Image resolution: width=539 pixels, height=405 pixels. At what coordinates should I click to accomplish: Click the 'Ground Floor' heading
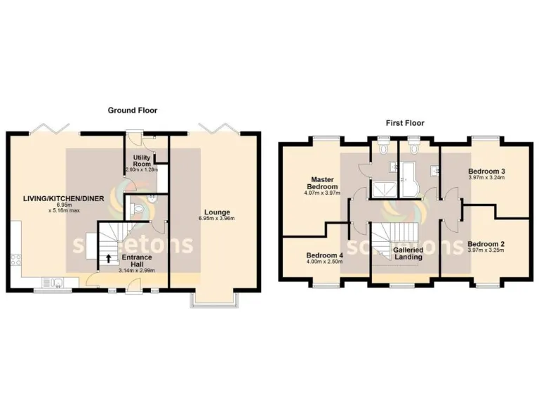point(132,110)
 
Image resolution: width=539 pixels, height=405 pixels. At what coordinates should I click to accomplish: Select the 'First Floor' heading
point(404,122)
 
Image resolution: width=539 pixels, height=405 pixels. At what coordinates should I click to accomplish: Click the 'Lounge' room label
point(217,212)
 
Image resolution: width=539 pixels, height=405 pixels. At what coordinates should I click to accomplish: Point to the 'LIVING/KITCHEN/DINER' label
point(62,199)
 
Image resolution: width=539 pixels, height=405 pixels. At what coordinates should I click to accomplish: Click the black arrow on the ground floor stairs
point(108,258)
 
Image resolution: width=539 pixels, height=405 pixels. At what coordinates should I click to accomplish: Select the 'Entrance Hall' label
point(138,262)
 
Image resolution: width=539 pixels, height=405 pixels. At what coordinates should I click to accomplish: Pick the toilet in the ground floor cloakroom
point(137,209)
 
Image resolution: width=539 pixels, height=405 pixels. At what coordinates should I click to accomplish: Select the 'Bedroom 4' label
point(325,255)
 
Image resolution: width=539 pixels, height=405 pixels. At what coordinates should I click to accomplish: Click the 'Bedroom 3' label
point(486,172)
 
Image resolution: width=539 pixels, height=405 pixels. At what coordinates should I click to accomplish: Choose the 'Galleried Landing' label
point(408,253)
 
